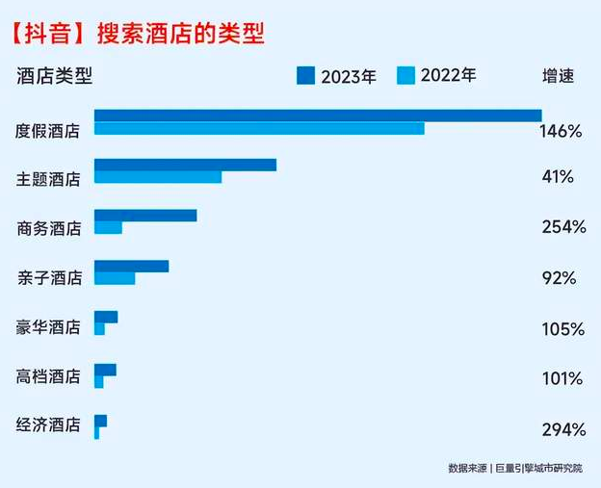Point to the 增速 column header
(558, 76)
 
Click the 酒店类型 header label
(55, 76)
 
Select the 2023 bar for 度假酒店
(318, 116)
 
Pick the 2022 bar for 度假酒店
(259, 129)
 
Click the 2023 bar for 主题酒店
(185, 165)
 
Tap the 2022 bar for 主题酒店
(158, 177)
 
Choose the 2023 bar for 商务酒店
(145, 216)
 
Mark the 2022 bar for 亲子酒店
(115, 278)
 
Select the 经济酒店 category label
(49, 424)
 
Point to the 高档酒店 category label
(49, 376)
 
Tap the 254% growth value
(563, 227)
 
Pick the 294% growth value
(563, 429)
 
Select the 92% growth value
(559, 278)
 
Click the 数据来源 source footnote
(515, 469)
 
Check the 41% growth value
(558, 177)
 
